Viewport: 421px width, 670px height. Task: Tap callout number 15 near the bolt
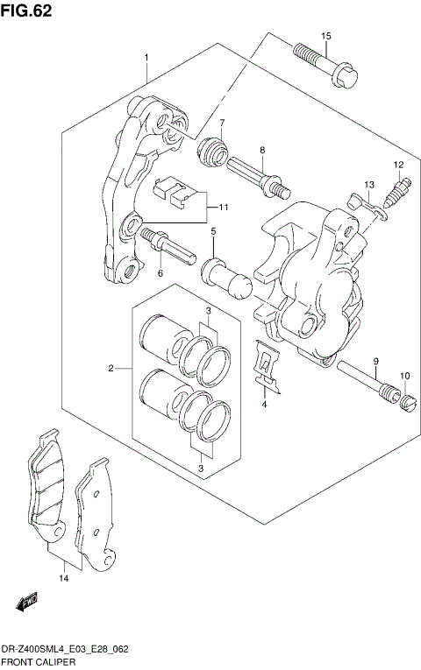tap(325, 35)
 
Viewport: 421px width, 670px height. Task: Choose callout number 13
tap(369, 184)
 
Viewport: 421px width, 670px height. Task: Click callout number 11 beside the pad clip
tap(224, 208)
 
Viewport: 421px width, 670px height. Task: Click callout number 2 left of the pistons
tap(111, 369)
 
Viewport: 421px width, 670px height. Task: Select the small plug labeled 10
tap(405, 401)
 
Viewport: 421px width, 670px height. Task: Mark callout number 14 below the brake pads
tap(63, 579)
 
